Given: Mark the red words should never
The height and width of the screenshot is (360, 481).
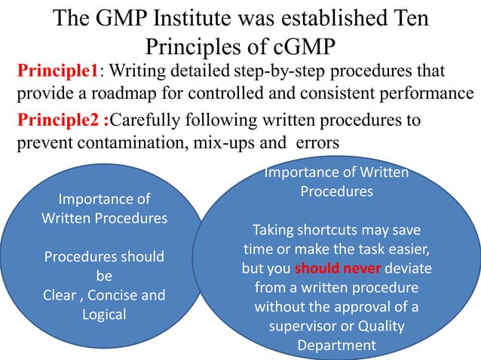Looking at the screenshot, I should pos(332,268).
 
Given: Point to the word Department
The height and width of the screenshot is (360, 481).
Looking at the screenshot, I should pos(335,346).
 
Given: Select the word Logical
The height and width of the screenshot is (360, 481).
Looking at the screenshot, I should pos(104,315).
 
